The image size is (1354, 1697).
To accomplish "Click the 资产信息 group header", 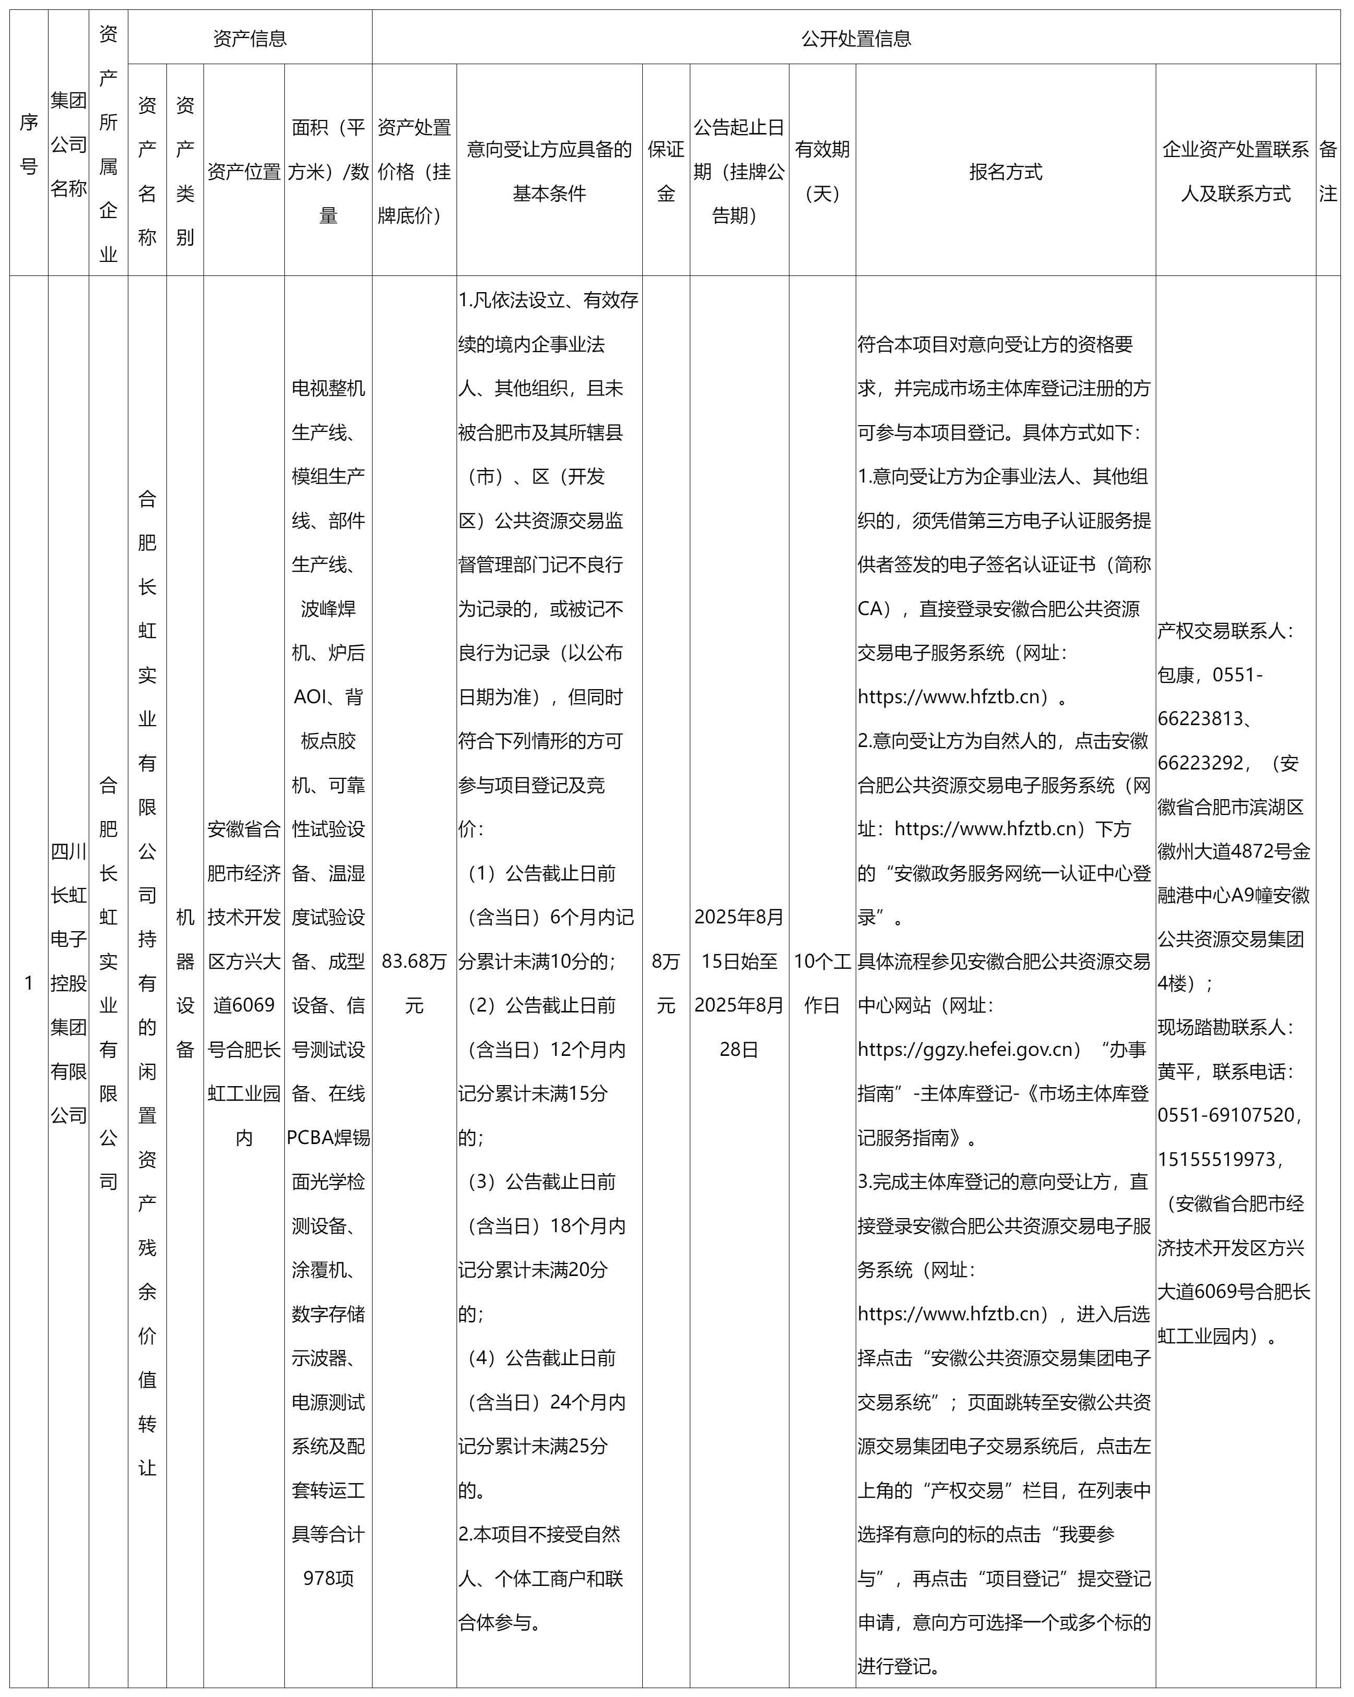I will [249, 38].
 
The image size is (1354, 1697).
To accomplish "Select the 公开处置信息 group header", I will [856, 38].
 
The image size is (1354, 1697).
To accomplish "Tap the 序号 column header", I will [28, 144].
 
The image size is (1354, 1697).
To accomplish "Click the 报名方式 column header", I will [1005, 172].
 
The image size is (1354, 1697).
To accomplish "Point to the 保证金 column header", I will [666, 172].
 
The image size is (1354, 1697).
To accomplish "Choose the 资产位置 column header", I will [244, 172].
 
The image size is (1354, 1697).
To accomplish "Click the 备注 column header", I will [1327, 172].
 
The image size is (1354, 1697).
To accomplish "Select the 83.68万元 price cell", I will [414, 983].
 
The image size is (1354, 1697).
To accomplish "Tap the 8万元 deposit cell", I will [666, 983].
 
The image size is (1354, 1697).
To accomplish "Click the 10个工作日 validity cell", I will [822, 983].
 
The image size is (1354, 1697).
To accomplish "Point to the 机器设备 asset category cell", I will [185, 983].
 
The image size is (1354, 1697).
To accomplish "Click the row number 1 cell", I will [28, 983].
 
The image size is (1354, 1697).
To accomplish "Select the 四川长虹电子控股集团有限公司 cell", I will [68, 983].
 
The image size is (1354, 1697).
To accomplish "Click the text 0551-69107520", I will [1226, 1115].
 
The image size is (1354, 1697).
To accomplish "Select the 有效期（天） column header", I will [822, 172].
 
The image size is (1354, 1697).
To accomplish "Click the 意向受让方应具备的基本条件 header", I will [549, 172].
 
